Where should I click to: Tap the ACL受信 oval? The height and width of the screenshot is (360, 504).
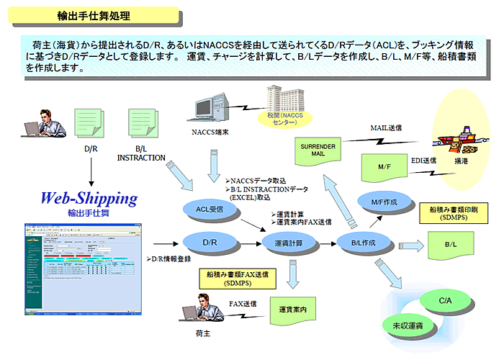210,209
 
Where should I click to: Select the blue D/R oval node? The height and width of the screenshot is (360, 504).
210,243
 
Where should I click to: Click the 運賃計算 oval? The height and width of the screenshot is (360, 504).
288,243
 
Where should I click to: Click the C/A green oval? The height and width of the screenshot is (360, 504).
445,298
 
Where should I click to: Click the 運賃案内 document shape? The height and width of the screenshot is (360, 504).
294,310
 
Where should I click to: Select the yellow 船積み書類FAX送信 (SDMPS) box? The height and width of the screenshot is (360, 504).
237,279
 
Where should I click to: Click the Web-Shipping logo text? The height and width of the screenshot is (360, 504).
88,198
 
